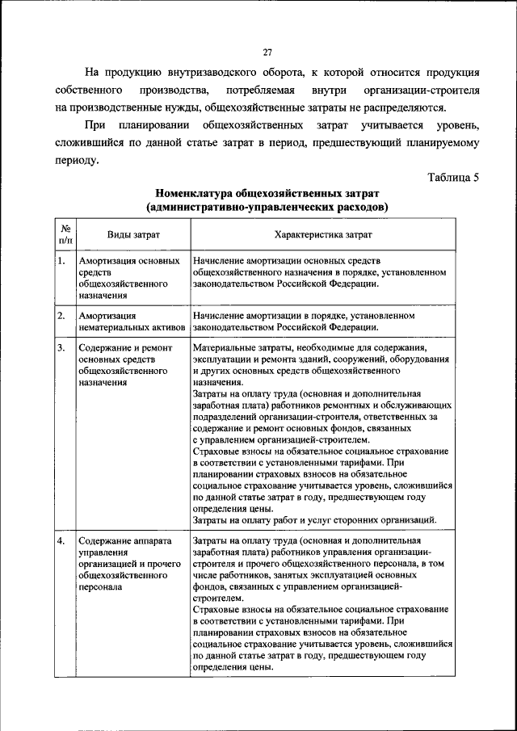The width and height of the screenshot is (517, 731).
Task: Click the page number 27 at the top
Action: tap(267, 53)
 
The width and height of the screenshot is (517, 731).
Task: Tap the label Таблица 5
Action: tap(452, 179)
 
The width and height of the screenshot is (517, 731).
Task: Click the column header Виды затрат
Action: tap(133, 234)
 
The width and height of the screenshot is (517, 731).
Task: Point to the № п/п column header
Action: tap(65, 234)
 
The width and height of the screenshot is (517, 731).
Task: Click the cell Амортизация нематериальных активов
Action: tap(132, 321)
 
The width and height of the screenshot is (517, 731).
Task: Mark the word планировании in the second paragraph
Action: tap(153, 125)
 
